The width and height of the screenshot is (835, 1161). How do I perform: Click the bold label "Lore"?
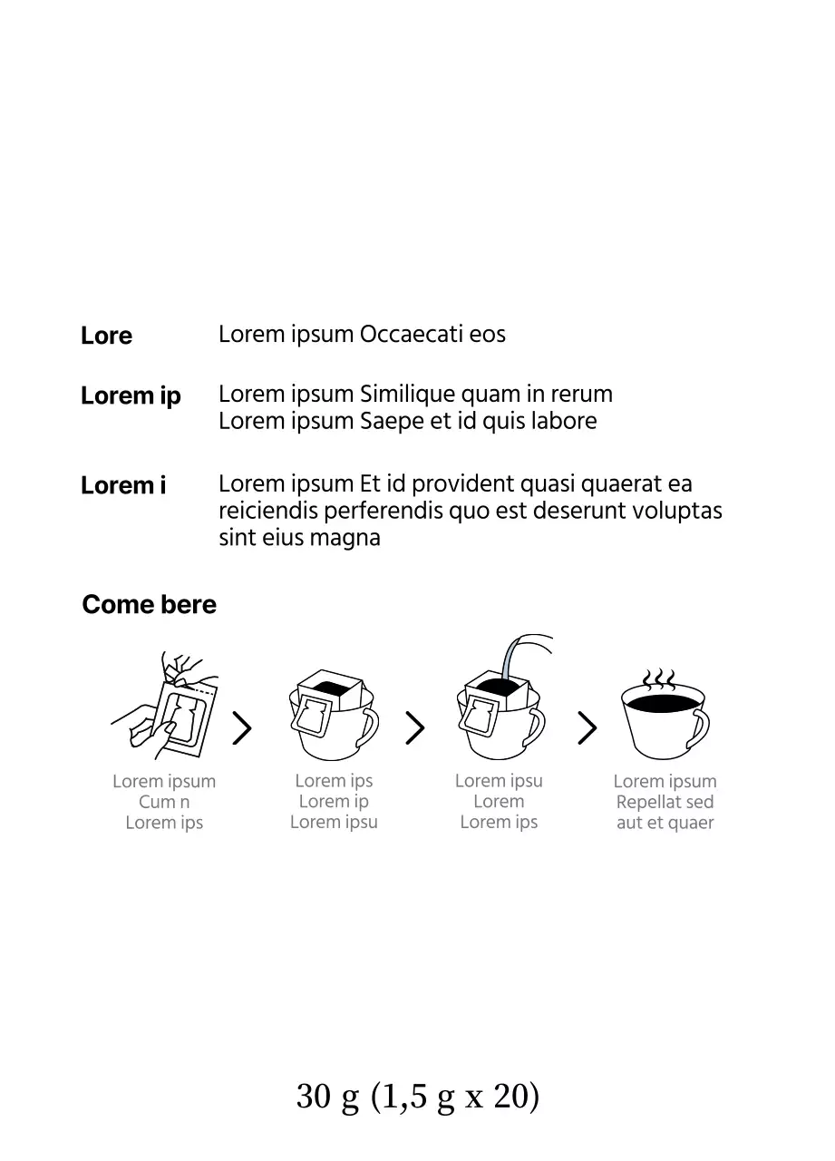click(x=106, y=336)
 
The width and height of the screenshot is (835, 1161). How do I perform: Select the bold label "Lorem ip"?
click(x=131, y=396)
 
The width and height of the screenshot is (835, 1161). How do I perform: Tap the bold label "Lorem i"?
click(x=123, y=485)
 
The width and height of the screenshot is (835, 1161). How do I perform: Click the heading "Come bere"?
click(x=150, y=604)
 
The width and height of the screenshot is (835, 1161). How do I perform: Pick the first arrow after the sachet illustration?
click(x=242, y=727)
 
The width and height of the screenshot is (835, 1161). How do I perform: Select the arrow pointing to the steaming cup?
click(x=587, y=727)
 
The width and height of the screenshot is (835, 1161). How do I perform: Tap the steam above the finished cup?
click(x=658, y=679)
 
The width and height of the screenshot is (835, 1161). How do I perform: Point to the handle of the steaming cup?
click(x=701, y=728)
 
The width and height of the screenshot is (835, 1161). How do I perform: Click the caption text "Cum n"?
click(x=164, y=802)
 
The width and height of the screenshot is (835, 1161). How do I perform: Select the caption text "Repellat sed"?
click(x=665, y=802)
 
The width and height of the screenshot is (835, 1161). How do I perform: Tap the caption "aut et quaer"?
click(x=665, y=823)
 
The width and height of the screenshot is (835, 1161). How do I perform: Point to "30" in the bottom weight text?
click(x=314, y=1097)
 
